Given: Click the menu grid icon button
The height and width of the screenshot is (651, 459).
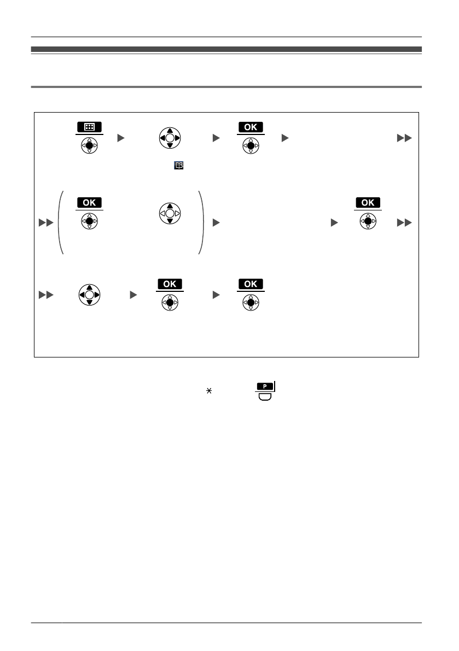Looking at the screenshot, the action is tap(89, 127).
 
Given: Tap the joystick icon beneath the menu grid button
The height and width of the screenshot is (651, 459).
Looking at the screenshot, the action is tap(89, 146).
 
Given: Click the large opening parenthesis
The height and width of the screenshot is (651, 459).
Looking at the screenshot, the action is tap(60, 222).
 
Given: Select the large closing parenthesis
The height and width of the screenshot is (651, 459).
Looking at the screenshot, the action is tap(200, 222).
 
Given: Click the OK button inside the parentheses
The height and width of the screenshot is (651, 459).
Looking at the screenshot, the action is tap(89, 202).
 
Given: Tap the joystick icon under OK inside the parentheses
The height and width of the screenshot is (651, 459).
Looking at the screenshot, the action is tap(89, 221).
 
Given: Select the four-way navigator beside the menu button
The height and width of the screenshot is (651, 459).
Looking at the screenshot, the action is tap(170, 138).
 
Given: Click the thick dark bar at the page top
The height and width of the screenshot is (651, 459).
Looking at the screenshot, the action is tap(226, 49).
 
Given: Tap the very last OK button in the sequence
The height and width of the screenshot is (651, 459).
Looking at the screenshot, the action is tap(251, 284).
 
